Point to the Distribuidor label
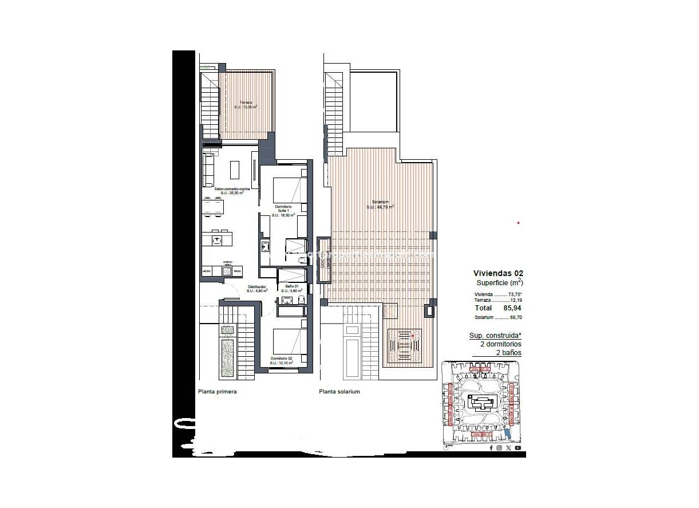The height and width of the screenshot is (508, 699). tap(257, 289)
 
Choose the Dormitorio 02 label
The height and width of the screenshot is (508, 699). tap(282, 360)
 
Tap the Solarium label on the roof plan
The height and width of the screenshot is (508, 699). tap(380, 204)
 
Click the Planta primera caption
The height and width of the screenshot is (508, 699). tap(217, 392)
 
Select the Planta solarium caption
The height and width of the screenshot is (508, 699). tap(339, 392)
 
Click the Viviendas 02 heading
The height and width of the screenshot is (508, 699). tap(498, 274)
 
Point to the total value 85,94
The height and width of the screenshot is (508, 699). tap(511, 308)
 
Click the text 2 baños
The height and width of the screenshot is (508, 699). tap(508, 353)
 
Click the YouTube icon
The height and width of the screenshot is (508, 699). tap(518, 448)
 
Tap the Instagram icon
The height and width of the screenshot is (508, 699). tap(500, 448)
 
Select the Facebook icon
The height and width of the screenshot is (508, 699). tap(491, 448)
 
